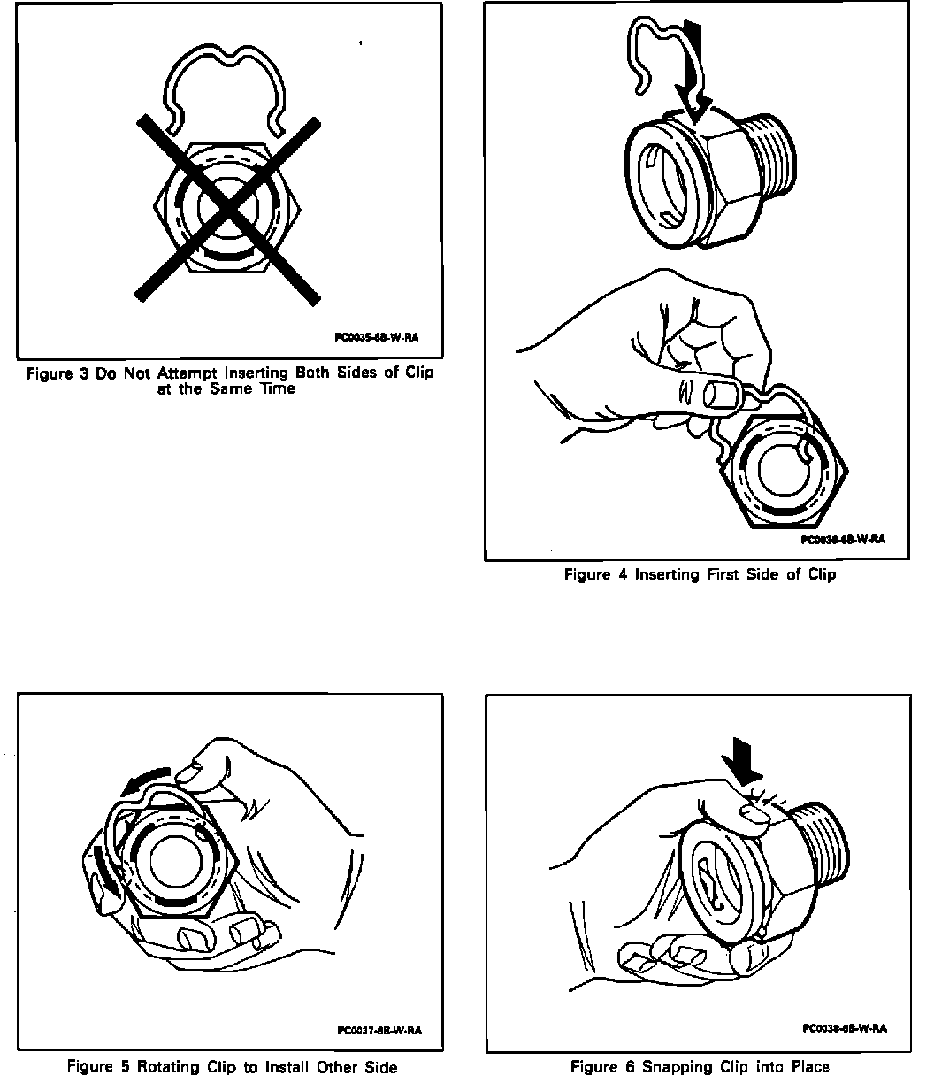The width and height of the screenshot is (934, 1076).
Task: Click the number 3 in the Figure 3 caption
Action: point(82,373)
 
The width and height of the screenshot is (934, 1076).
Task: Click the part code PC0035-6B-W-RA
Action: point(376,337)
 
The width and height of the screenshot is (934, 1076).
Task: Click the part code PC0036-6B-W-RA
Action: point(843,539)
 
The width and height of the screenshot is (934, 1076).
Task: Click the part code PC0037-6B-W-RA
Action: point(379,1030)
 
